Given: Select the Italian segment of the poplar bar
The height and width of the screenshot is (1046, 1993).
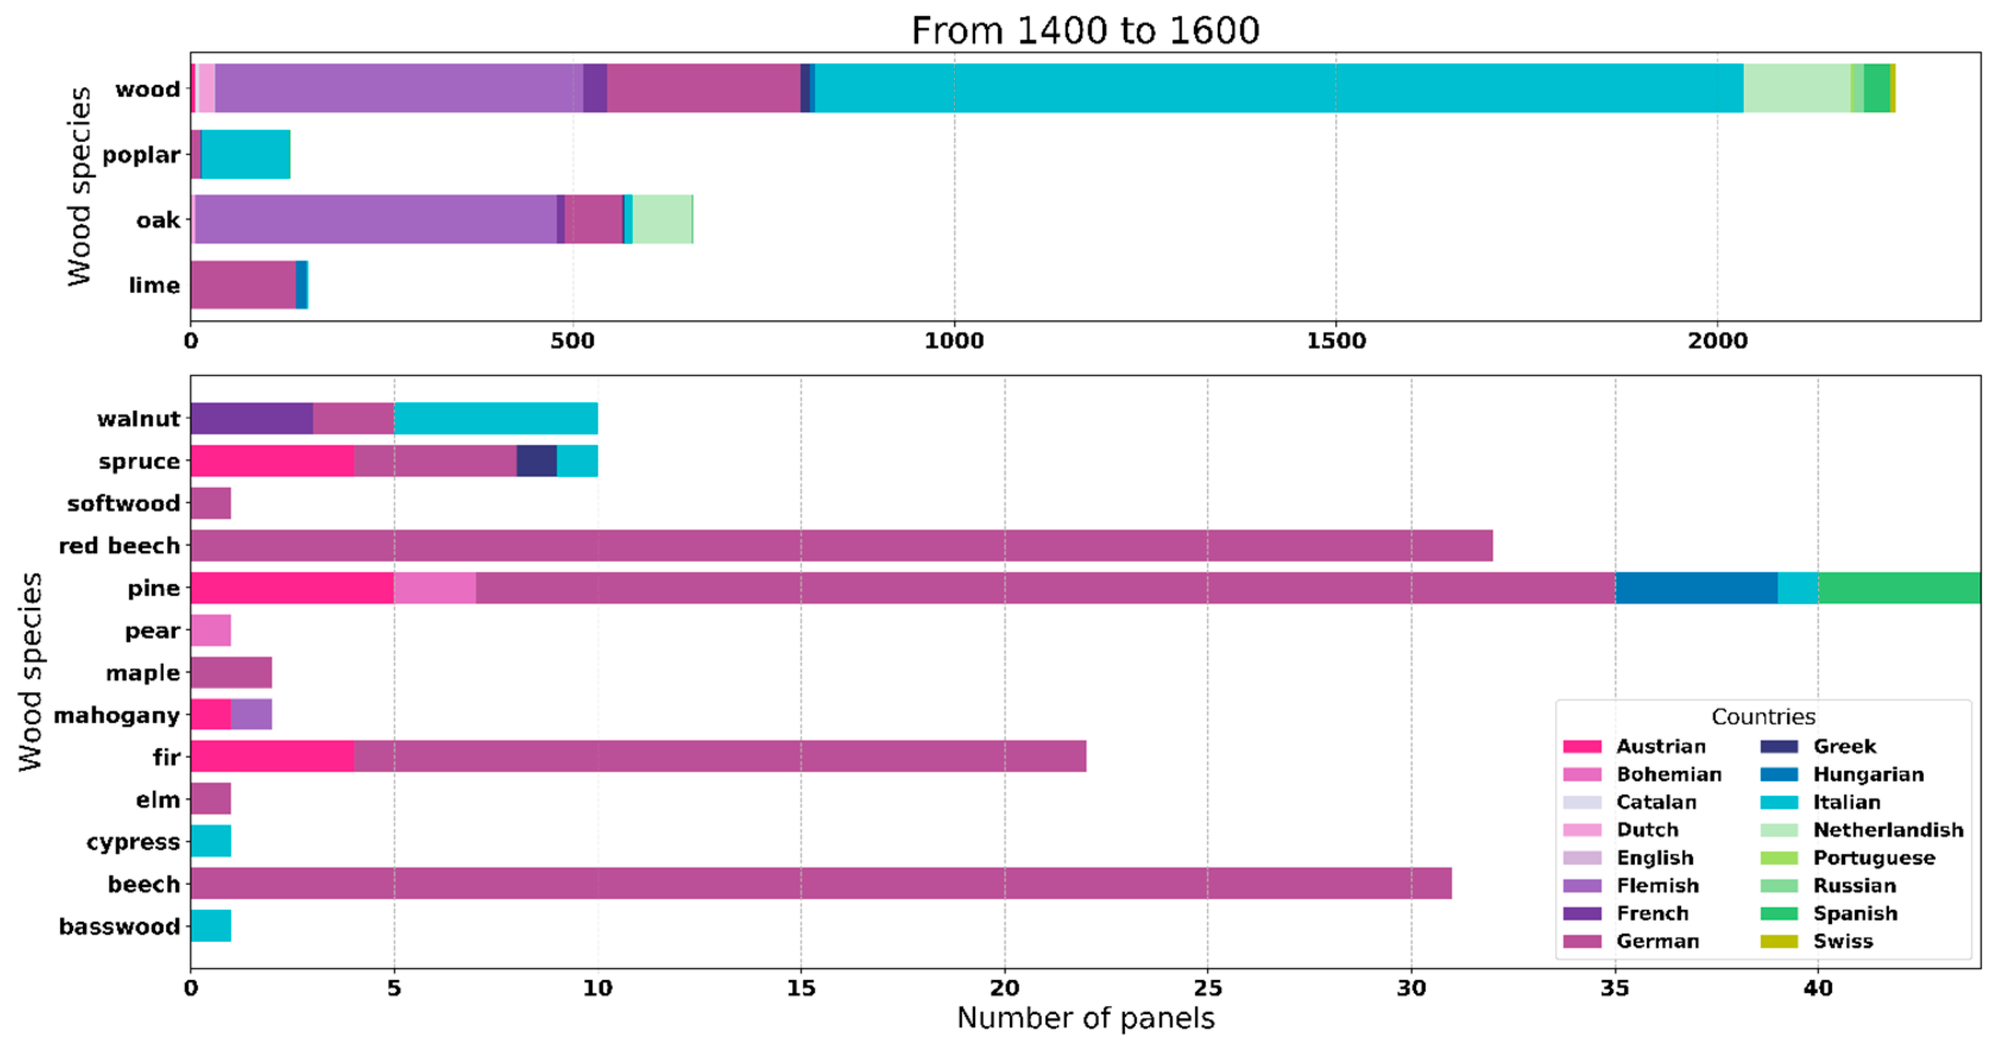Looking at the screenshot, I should coord(245,155).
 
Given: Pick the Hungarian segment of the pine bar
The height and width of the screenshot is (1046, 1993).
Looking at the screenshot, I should coord(1696,588).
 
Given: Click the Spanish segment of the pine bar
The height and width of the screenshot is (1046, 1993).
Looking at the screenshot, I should coord(1899,588).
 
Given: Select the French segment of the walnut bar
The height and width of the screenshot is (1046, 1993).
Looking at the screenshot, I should coord(251,418).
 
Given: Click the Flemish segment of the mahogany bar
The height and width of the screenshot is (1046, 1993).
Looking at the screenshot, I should coord(251,714).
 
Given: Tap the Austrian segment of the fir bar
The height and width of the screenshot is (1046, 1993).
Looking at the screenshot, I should coord(272,756).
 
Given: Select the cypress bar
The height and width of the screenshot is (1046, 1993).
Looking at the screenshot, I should coord(210,841).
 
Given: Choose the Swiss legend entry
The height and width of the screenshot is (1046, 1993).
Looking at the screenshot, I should coord(1842,941).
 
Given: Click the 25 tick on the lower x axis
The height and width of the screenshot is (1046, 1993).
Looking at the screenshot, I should coord(1207,988).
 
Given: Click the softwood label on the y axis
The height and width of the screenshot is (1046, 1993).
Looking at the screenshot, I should coord(123,503).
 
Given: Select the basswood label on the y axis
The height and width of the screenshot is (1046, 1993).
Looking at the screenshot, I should coord(119,926).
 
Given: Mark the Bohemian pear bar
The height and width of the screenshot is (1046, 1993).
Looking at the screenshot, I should coord(210,631).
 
